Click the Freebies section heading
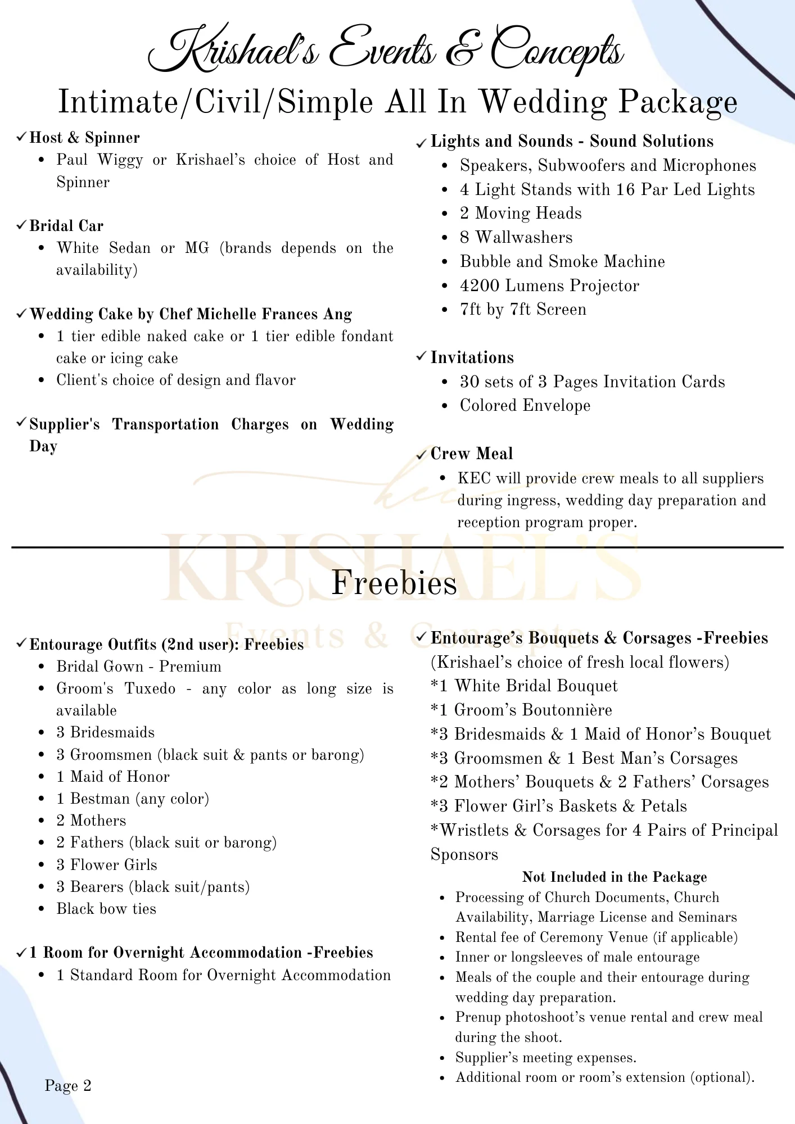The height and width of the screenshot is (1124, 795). click(x=394, y=583)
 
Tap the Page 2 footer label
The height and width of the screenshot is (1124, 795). click(x=68, y=1085)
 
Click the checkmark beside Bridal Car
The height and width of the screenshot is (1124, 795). click(x=21, y=225)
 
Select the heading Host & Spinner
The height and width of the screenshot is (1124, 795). click(x=84, y=138)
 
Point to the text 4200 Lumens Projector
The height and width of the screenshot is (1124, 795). click(x=549, y=285)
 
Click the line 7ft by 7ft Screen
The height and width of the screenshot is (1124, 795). click(x=523, y=310)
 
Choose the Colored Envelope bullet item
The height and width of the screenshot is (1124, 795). click(x=525, y=405)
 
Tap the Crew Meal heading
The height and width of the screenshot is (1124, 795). click(x=472, y=454)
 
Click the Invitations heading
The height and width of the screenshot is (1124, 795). click(x=472, y=357)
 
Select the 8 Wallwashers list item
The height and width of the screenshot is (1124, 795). click(x=516, y=237)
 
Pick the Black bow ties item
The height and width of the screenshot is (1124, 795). click(x=106, y=909)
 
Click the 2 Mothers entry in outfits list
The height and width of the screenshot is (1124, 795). click(x=91, y=821)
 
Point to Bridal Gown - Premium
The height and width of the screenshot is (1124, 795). click(x=139, y=667)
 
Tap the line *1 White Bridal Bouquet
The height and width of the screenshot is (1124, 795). click(x=524, y=686)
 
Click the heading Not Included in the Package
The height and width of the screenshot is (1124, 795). click(x=615, y=877)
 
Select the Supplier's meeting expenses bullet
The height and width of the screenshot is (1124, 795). click(x=545, y=1058)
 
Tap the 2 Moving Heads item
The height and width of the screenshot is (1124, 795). click(x=521, y=213)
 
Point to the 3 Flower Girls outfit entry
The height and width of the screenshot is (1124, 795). click(x=107, y=864)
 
